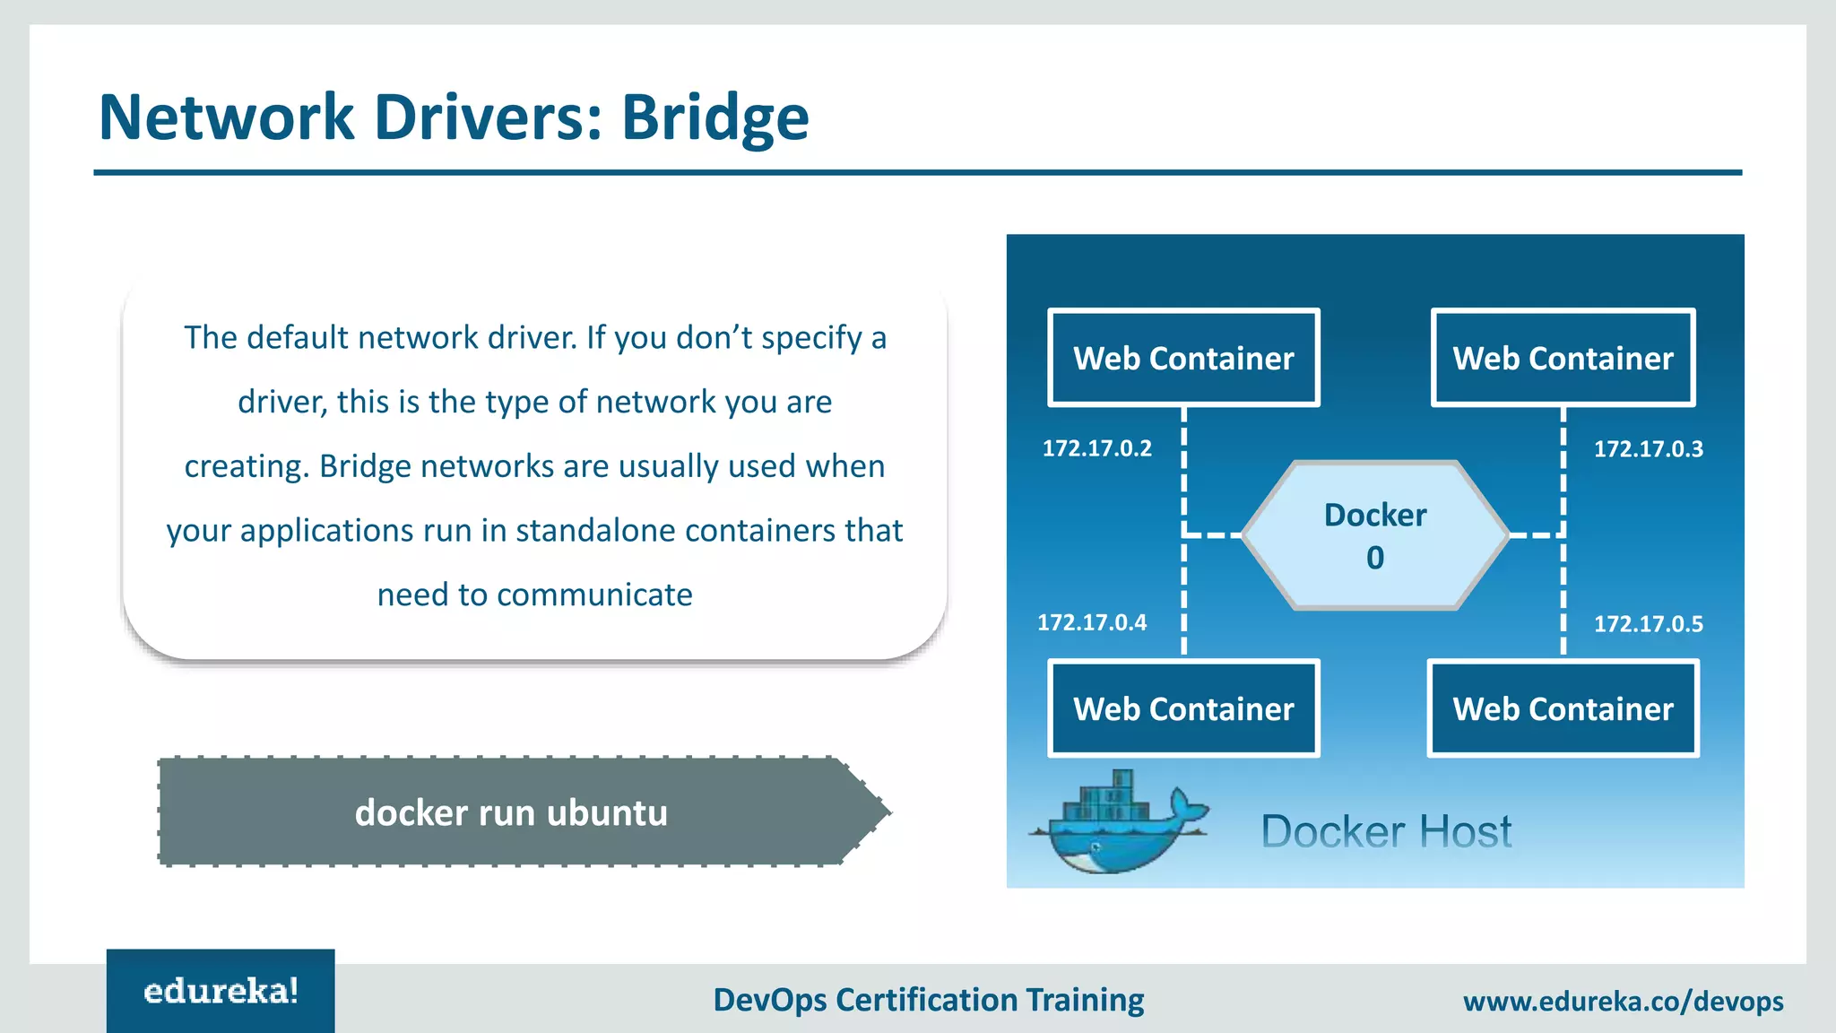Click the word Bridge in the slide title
click(x=714, y=117)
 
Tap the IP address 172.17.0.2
click(x=1096, y=448)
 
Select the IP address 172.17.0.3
click(x=1648, y=449)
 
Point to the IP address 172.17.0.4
click(x=1091, y=622)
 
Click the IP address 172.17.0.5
click(x=1648, y=624)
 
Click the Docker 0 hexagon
click(x=1375, y=535)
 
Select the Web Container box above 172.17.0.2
click(x=1183, y=358)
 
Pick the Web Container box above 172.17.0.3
click(x=1563, y=358)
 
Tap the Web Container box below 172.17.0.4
click(x=1183, y=708)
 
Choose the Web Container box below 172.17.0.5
click(x=1563, y=708)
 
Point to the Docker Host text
click(x=1386, y=831)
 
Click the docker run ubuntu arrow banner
click(x=512, y=812)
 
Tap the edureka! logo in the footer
click(x=221, y=992)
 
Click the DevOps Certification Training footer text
click(x=928, y=1000)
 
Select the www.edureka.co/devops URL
click(x=1623, y=1001)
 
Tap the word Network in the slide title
click(x=226, y=117)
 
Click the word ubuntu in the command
click(x=607, y=812)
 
